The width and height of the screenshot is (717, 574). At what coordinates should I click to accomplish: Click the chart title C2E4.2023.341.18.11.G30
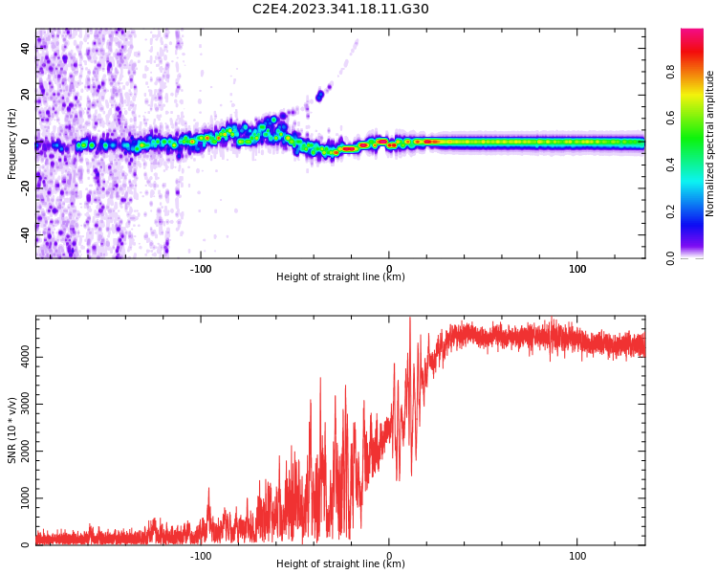(x=340, y=9)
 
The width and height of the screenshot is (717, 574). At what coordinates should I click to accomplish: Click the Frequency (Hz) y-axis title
(x=12, y=143)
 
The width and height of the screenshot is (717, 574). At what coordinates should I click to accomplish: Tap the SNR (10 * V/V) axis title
(x=12, y=430)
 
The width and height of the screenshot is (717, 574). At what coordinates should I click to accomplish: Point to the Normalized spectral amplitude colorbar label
(x=710, y=143)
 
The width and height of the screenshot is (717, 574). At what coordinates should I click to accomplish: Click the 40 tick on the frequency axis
(x=26, y=48)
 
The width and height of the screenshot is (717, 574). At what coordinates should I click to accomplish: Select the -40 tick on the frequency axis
(x=26, y=234)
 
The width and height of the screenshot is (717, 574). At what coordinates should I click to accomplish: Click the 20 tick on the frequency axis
(x=26, y=95)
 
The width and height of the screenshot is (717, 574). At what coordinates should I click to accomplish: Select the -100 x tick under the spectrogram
(x=201, y=269)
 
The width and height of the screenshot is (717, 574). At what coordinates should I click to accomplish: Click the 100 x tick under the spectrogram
(x=577, y=269)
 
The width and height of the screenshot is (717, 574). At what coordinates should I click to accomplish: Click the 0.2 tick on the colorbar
(x=670, y=211)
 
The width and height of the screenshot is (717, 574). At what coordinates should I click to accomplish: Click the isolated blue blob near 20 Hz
(x=319, y=96)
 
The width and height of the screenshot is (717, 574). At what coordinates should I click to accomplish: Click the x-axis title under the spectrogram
(x=340, y=277)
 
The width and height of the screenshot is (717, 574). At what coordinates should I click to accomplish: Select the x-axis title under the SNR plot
(x=340, y=564)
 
